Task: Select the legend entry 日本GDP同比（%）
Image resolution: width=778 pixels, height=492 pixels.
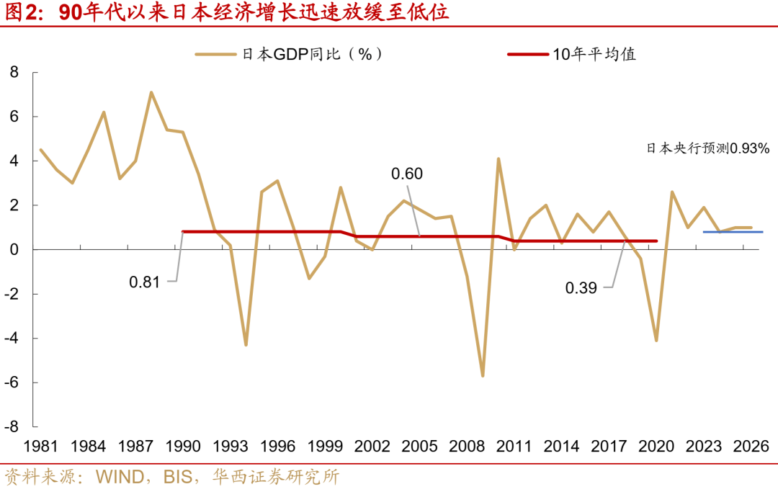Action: click(x=288, y=54)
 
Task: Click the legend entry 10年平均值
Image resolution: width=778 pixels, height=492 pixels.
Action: click(x=573, y=54)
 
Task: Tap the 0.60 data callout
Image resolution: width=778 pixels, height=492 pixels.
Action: click(x=406, y=174)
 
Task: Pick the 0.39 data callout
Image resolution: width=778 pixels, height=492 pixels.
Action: click(x=580, y=287)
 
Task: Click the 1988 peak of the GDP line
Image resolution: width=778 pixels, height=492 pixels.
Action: click(x=151, y=92)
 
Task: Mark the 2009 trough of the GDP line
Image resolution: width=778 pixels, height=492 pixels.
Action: click(x=483, y=375)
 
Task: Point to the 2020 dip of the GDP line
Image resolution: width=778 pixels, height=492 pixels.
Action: click(x=656, y=340)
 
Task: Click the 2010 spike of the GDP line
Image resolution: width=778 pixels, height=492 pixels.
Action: click(x=498, y=158)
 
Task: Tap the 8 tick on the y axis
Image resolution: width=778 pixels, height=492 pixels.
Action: click(x=13, y=72)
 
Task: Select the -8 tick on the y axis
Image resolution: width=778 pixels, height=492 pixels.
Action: click(x=11, y=426)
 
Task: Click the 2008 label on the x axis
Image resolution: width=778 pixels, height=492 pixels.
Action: click(x=466, y=447)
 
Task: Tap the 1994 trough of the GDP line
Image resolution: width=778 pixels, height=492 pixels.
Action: click(x=246, y=344)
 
